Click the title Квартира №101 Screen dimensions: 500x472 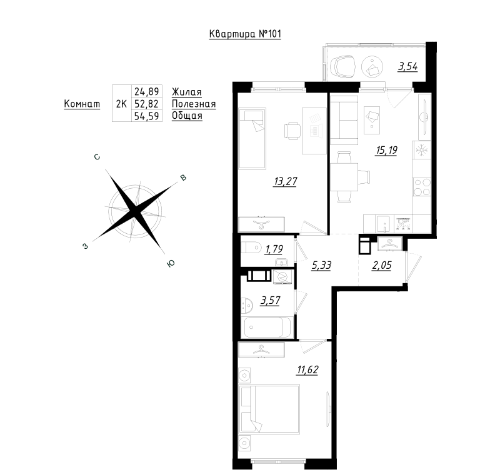click(x=245, y=34)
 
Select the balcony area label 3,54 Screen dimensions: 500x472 click(x=408, y=67)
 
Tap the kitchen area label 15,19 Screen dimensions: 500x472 click(x=386, y=150)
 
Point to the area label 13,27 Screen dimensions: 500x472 click(x=286, y=181)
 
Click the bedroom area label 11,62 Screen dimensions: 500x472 click(x=307, y=370)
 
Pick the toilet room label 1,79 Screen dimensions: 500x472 click(x=274, y=249)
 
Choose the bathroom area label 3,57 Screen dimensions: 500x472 click(x=271, y=301)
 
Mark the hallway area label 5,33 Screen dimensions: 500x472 click(x=321, y=265)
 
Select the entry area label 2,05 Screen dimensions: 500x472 click(x=382, y=265)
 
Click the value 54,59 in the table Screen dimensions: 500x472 click(x=147, y=116)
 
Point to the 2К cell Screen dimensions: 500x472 click(x=121, y=104)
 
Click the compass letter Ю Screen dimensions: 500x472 click(x=171, y=263)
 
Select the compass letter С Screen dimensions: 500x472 click(x=97, y=157)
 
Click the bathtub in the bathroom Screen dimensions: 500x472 click(x=267, y=327)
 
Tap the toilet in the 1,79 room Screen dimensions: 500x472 click(x=251, y=248)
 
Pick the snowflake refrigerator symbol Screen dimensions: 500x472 click(x=422, y=150)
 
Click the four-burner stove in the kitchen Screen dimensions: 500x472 click(x=422, y=187)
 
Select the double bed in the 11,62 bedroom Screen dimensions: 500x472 click(x=269, y=409)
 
